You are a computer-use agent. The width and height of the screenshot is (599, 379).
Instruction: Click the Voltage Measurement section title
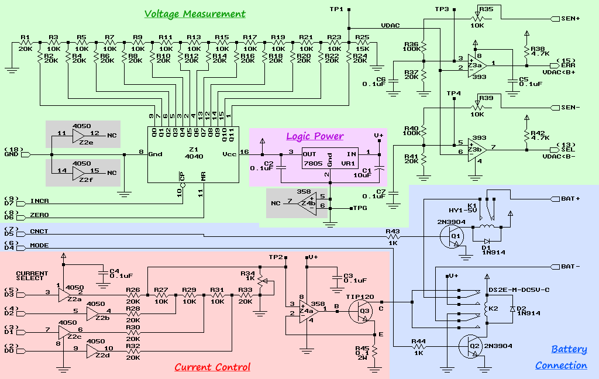(195, 14)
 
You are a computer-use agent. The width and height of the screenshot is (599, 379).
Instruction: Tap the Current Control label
(212, 367)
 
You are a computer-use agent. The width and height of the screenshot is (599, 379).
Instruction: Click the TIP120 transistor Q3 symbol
(364, 312)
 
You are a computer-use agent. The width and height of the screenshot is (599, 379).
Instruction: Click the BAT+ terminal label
(570, 199)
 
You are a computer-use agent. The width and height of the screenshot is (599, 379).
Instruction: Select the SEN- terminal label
(570, 108)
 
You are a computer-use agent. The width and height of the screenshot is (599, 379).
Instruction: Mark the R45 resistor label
(362, 349)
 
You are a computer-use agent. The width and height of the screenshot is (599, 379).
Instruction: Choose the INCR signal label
(39, 201)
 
